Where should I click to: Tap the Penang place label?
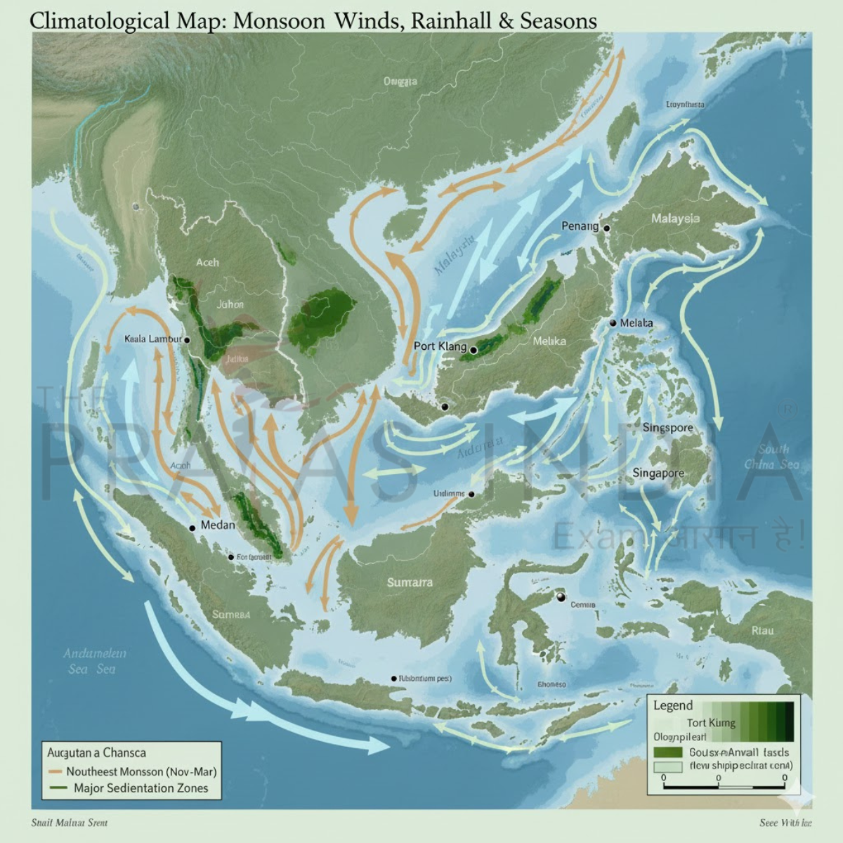tap(580, 226)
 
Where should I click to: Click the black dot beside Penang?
tap(606, 228)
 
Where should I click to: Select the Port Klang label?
tap(440, 346)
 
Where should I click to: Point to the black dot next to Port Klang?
tap(473, 349)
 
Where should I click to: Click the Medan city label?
tap(218, 525)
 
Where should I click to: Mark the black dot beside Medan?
tap(192, 527)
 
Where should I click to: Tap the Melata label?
tap(636, 323)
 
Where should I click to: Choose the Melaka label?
tap(549, 341)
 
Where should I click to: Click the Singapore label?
tap(658, 473)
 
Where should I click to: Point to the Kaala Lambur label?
tap(152, 339)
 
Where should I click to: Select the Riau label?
tap(762, 630)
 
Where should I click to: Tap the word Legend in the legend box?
tap(672, 705)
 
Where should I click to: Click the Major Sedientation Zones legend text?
tap(140, 788)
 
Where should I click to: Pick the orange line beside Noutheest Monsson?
tap(56, 771)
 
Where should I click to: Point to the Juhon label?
tap(230, 304)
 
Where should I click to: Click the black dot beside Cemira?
tap(560, 597)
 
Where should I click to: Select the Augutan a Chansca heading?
tap(96, 752)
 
